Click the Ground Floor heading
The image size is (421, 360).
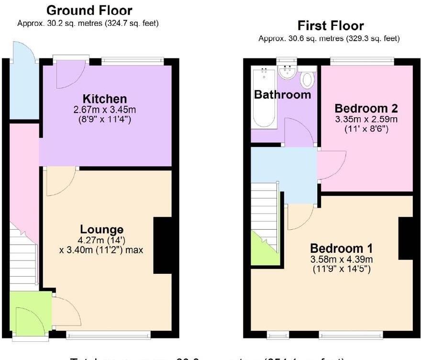(x=89, y=10)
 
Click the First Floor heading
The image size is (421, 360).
(x=331, y=25)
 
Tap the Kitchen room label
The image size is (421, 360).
(x=105, y=99)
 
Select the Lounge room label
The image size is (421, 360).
(x=101, y=229)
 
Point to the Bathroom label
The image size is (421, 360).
(x=282, y=95)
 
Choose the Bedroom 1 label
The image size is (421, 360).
(x=342, y=248)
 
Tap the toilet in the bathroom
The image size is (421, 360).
(x=307, y=79)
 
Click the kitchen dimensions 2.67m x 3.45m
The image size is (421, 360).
(x=105, y=110)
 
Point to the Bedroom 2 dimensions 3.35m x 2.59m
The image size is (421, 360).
(x=366, y=119)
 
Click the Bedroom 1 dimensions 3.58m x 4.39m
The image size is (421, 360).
(x=342, y=259)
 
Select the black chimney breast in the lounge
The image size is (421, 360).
(x=163, y=245)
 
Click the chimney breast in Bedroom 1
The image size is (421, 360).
(x=406, y=237)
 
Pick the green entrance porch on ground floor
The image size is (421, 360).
(x=30, y=314)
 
